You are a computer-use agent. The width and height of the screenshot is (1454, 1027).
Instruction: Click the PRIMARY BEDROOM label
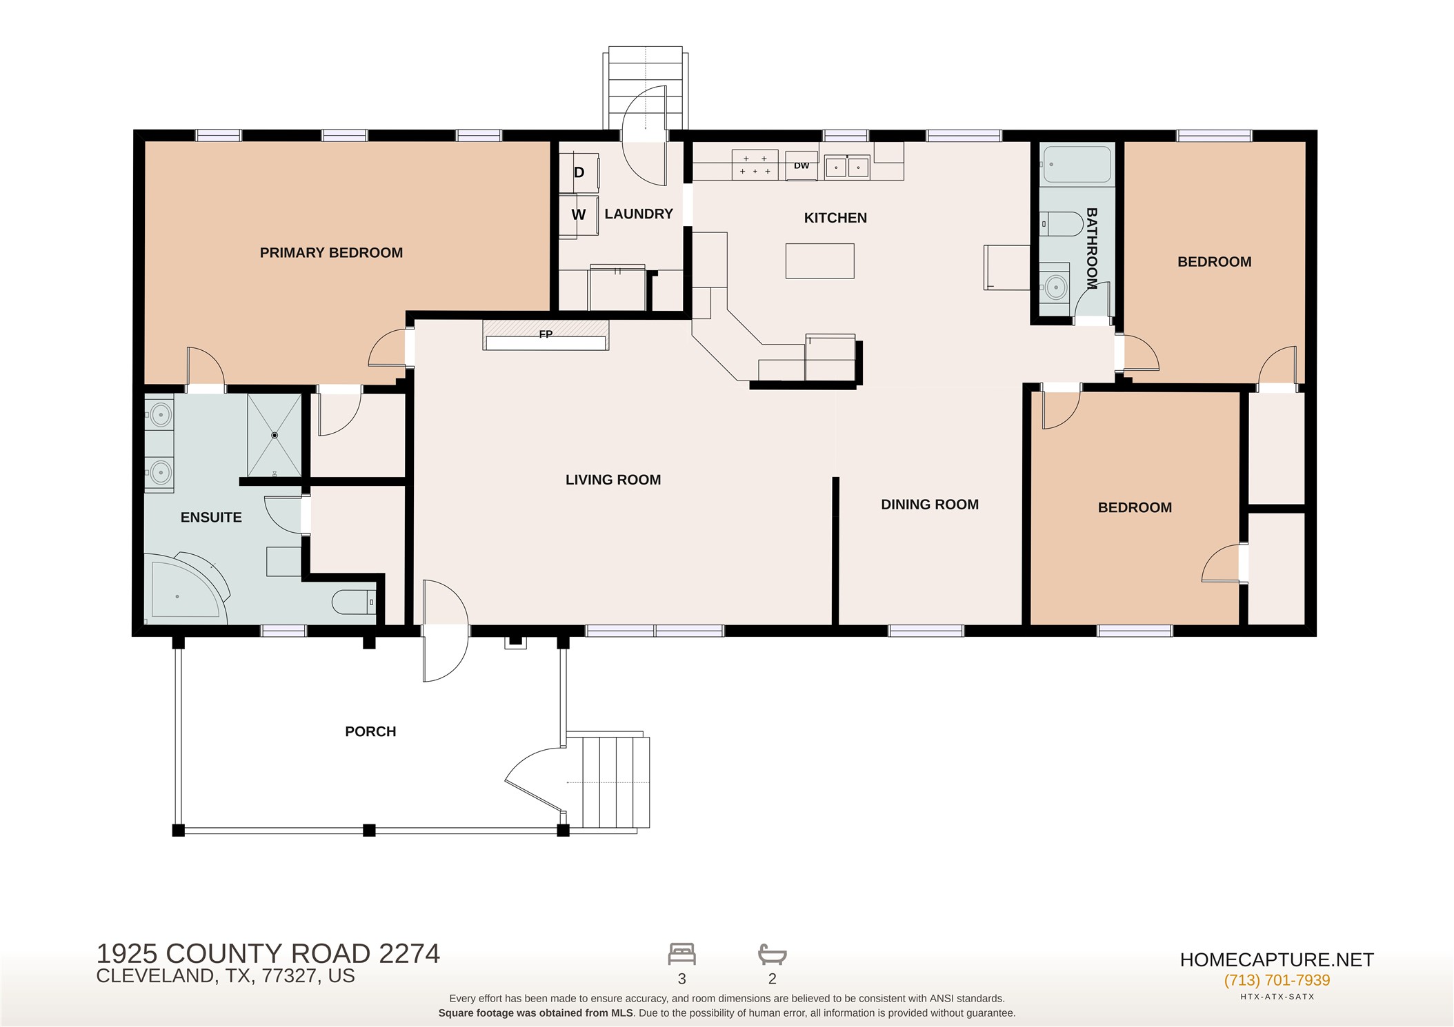click(331, 253)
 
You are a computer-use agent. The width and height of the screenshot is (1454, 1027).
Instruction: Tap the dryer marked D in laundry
click(579, 172)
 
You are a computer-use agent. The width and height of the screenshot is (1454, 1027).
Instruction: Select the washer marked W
click(578, 216)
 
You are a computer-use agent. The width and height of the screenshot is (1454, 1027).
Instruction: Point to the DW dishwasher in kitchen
click(801, 165)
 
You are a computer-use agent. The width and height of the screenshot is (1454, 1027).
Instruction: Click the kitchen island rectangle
click(819, 261)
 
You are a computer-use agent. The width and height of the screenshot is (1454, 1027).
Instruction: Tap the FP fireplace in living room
click(546, 334)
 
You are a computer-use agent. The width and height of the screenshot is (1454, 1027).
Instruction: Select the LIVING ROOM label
click(613, 480)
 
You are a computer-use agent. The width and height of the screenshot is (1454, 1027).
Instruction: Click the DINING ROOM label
click(930, 505)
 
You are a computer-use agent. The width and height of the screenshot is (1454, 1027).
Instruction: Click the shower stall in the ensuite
click(275, 435)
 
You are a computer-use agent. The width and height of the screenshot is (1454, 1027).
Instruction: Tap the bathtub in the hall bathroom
click(1077, 164)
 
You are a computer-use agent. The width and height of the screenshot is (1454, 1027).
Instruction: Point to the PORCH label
click(370, 731)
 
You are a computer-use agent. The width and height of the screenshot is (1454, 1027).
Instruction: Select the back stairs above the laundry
click(646, 88)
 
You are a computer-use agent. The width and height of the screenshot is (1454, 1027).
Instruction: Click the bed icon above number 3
click(681, 954)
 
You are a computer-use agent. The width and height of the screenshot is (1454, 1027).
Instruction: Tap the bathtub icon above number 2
click(773, 954)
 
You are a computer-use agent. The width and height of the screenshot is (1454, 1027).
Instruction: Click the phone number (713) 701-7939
click(1277, 980)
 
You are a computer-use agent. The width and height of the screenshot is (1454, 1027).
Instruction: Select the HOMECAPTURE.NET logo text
click(1277, 959)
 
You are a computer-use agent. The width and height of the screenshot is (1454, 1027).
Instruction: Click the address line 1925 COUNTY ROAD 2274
click(268, 954)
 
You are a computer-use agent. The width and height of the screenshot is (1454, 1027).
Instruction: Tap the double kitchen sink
click(847, 167)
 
